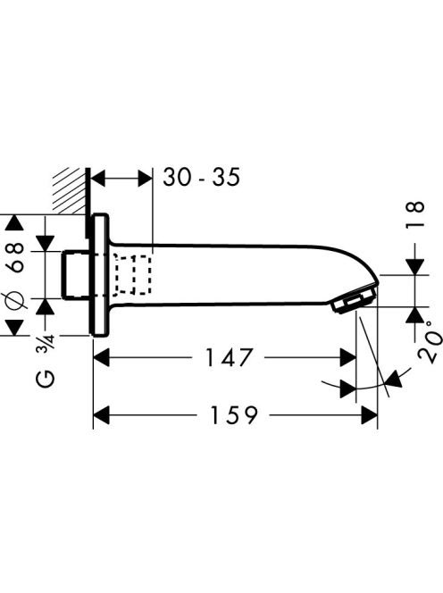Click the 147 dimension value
point(229,357)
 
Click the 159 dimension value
point(233,415)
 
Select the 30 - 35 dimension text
point(201,177)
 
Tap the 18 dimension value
point(415,214)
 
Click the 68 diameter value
point(16,257)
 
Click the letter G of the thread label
point(46,379)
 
